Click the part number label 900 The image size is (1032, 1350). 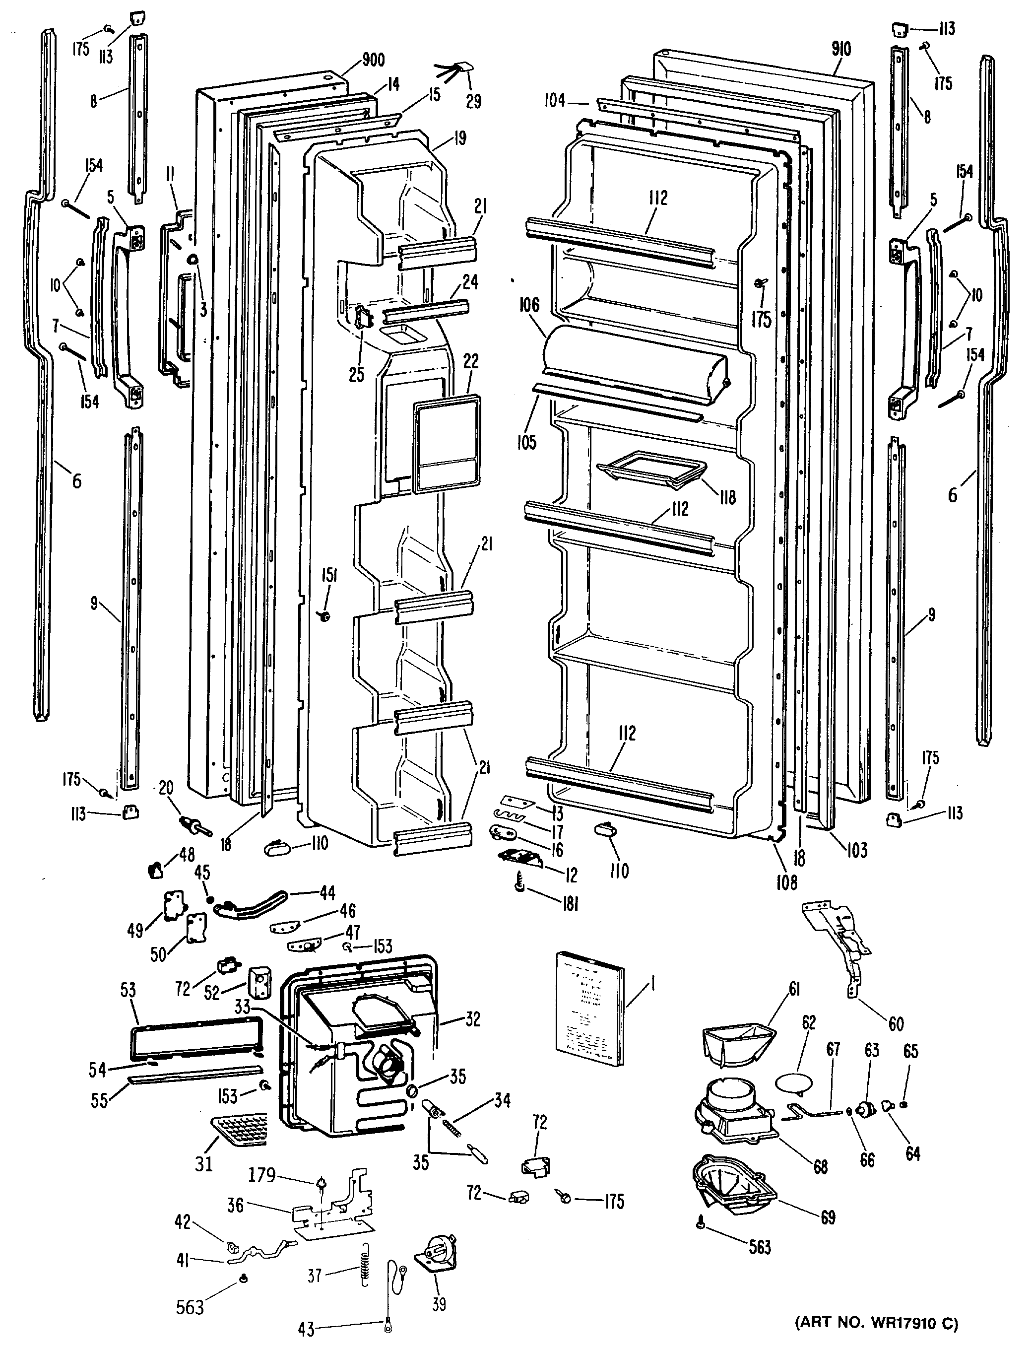click(x=373, y=60)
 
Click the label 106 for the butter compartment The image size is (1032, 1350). click(x=529, y=305)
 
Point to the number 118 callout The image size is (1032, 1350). click(x=727, y=497)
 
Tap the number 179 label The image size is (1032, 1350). click(x=261, y=1175)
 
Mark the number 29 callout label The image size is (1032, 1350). click(x=474, y=101)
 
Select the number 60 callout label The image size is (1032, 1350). click(x=896, y=1022)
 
